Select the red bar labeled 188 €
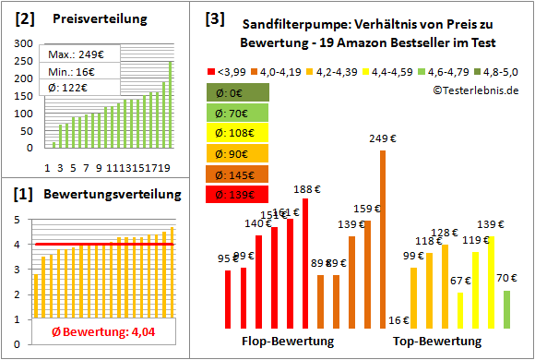(305, 264)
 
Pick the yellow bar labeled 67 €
(460, 311)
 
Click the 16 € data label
(398, 321)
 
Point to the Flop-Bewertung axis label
(287, 341)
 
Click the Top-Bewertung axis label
(437, 341)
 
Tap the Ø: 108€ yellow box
(239, 133)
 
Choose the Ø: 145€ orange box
(239, 174)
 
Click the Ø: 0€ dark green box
(239, 92)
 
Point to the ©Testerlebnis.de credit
(475, 90)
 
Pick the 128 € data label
(445, 233)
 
